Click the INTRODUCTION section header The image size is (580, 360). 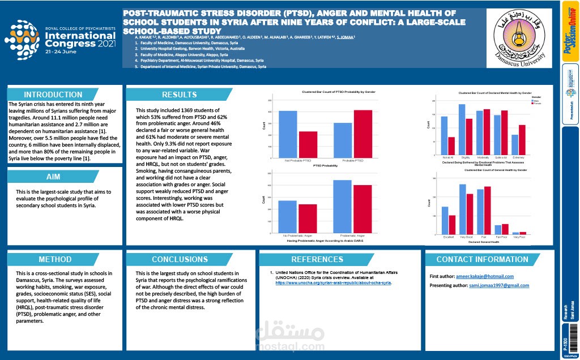click(x=53, y=95)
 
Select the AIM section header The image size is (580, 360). click(x=53, y=177)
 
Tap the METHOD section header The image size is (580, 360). click(x=55, y=259)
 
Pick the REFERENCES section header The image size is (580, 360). click(x=317, y=259)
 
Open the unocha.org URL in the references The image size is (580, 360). click(x=333, y=282)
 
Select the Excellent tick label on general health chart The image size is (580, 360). click(x=448, y=237)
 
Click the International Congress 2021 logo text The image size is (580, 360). click(x=79, y=39)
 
